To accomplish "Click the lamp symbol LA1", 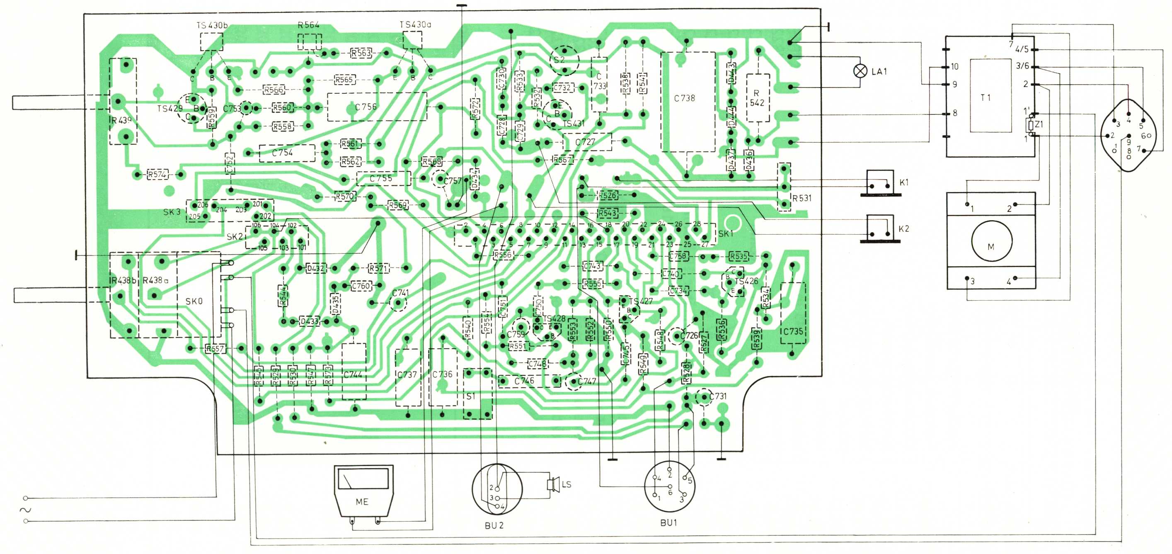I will click(860, 71).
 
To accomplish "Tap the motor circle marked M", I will click(991, 241).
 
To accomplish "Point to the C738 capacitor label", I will click(684, 98).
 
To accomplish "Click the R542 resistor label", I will click(757, 98).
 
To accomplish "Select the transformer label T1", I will click(986, 97).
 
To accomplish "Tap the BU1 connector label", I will click(668, 522).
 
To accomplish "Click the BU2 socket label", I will click(494, 525).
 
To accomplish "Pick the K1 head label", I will click(903, 182).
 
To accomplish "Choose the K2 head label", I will click(903, 228).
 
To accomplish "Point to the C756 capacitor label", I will click(366, 107).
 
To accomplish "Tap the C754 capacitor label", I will click(282, 153).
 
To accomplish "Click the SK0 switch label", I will click(194, 301).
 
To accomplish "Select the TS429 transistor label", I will click(170, 108).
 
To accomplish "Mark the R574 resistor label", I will click(157, 174).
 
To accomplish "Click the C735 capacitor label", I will click(793, 331).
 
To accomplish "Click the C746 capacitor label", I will click(524, 381).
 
